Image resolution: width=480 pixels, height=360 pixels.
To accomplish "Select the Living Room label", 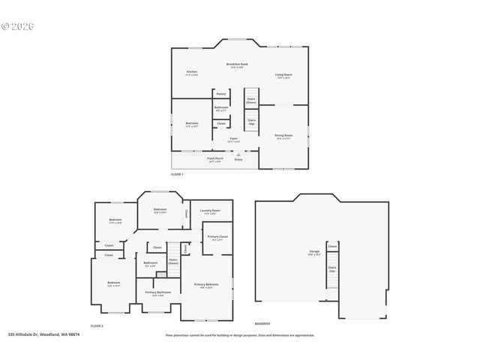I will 283,75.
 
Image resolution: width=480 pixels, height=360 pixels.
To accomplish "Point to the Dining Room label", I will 283,136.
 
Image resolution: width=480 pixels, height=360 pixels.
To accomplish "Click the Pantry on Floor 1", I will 221,94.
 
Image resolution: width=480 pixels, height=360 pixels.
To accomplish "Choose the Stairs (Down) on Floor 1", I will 251,100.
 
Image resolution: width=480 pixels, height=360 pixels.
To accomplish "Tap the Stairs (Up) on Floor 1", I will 251,121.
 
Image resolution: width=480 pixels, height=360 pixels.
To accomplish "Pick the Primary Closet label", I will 218,238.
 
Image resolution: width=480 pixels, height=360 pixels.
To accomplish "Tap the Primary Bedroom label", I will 206,286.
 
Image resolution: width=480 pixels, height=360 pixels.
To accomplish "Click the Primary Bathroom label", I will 158,293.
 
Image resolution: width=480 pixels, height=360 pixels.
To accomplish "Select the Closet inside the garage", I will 332,246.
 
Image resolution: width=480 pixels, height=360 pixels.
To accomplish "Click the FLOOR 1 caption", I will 178,174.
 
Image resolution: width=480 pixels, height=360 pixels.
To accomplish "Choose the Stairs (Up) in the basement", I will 332,268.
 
